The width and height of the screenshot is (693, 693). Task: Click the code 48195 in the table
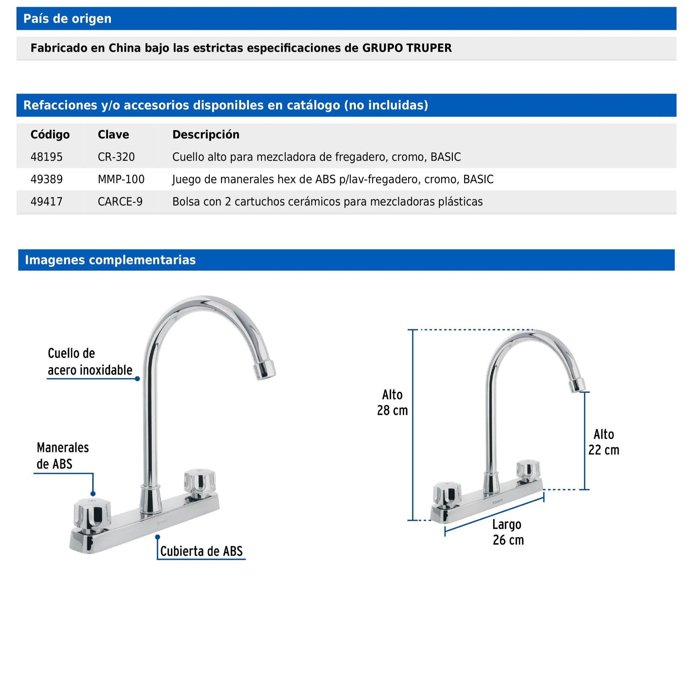click(47, 157)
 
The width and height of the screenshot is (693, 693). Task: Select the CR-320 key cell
click(116, 157)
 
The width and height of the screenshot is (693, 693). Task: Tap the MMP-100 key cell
click(121, 179)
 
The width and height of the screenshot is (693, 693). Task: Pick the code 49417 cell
click(47, 202)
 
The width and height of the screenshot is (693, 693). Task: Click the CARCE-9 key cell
click(120, 202)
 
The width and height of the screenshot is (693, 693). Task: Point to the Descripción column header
click(205, 135)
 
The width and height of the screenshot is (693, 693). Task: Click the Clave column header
click(113, 135)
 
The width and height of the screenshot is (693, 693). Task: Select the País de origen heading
click(67, 19)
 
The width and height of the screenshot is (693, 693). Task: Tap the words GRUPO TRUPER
click(407, 48)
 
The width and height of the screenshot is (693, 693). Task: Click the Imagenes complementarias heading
click(110, 260)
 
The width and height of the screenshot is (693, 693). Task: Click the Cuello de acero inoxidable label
click(90, 361)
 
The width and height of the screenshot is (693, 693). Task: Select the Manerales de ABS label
click(62, 455)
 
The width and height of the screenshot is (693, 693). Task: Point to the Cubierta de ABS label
click(201, 551)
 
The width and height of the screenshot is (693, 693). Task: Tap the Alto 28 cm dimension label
click(392, 402)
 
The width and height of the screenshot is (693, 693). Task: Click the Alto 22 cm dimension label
click(603, 442)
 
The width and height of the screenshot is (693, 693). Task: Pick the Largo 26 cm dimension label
click(508, 532)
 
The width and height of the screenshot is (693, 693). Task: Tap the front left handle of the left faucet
click(92, 514)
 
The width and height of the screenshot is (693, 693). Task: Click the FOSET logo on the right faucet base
click(497, 501)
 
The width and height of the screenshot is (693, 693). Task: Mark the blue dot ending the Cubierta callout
click(157, 537)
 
